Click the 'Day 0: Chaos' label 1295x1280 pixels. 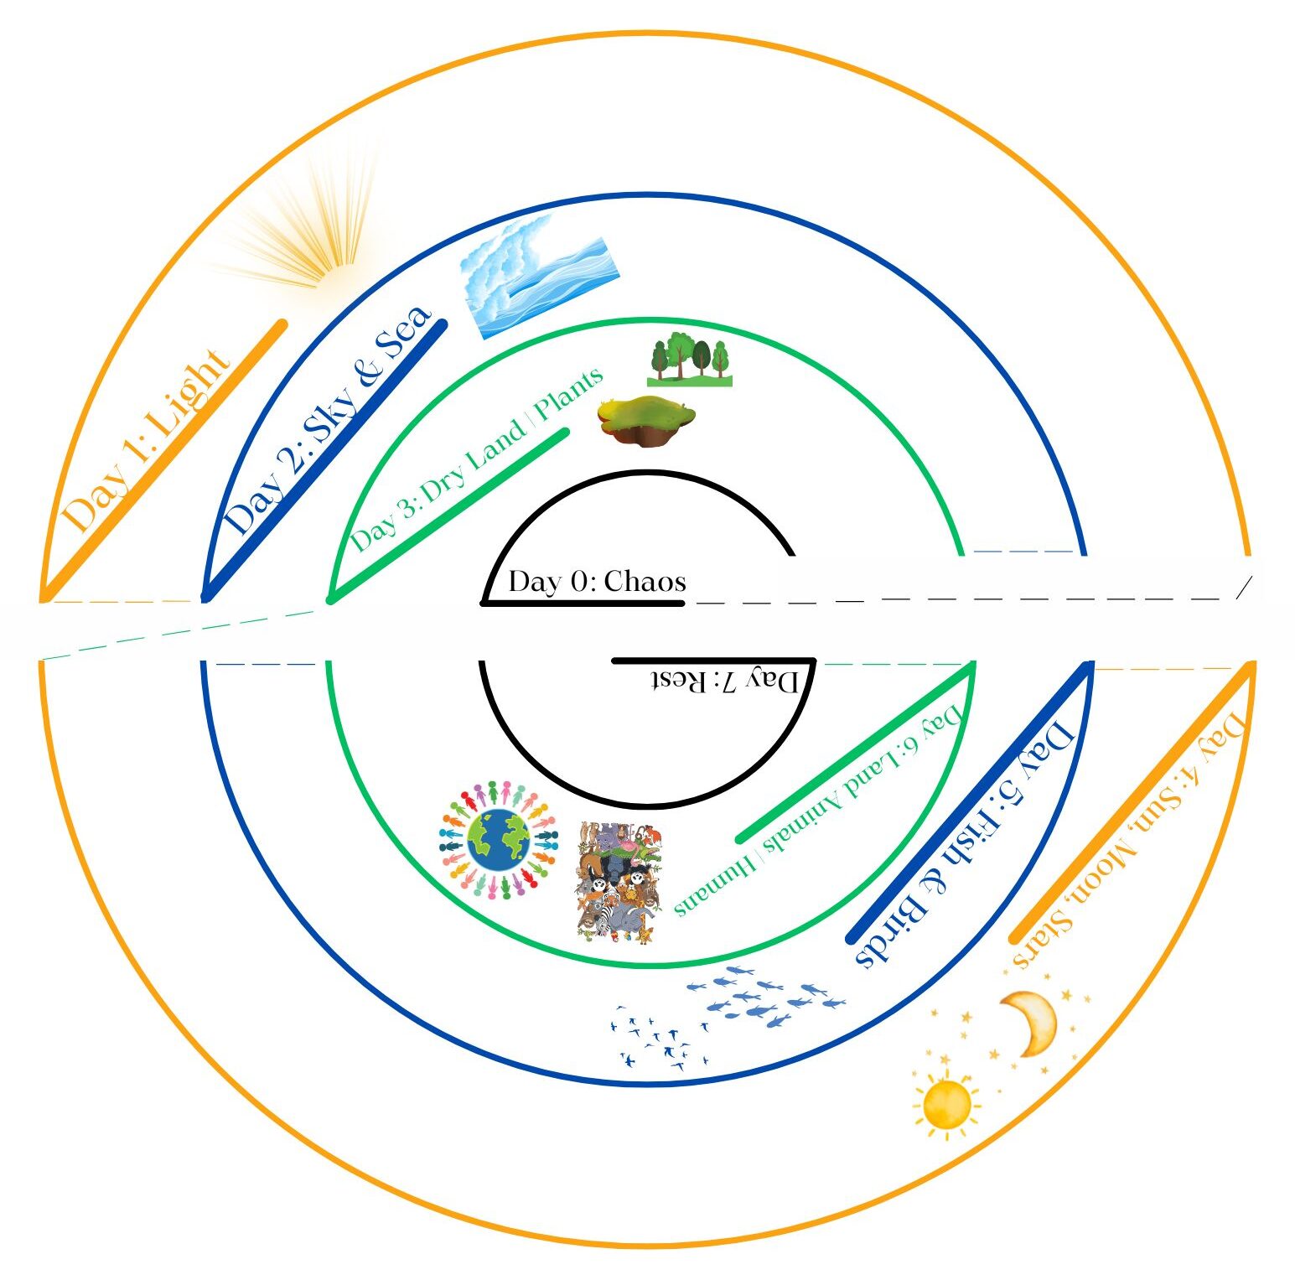597,581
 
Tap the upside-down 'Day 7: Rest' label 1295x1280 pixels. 726,680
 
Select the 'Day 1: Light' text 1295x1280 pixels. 146,442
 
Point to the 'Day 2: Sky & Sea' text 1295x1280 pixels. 328,420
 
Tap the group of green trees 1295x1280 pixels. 690,360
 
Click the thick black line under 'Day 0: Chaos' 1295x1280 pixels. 583,603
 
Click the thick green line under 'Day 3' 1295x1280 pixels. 448,516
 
